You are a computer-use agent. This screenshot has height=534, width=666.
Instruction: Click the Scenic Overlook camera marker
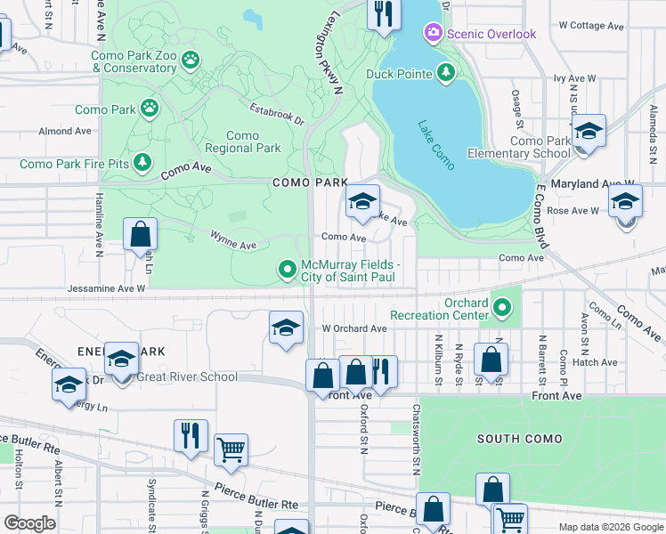tap(434, 34)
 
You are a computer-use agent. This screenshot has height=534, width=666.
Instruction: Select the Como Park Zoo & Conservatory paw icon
tap(190, 61)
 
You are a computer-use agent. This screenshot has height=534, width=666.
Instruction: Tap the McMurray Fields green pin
tap(287, 268)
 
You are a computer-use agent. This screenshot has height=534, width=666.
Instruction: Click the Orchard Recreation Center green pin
tap(503, 308)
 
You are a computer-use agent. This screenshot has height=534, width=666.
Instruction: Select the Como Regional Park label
tap(242, 142)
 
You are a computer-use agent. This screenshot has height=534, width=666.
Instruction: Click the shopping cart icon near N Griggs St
tap(231, 449)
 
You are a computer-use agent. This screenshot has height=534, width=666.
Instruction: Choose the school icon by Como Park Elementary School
tap(588, 133)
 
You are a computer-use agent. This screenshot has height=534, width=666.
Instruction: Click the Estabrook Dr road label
tap(277, 117)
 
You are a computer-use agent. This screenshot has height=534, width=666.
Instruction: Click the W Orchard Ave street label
tap(354, 328)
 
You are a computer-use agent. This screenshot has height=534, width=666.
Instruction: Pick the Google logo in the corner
tap(30, 522)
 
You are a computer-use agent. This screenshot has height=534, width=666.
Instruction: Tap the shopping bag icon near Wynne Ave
tap(141, 236)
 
